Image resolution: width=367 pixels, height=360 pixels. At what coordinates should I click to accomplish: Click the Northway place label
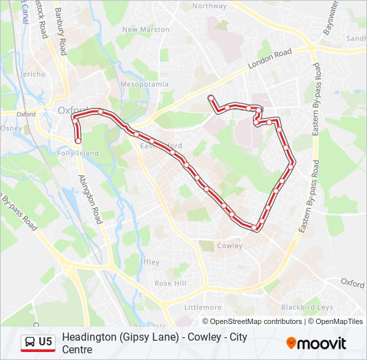[x=210, y=6]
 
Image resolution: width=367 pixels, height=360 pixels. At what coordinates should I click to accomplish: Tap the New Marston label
[x=145, y=29]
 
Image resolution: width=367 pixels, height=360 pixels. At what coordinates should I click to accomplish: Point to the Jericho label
[x=33, y=74]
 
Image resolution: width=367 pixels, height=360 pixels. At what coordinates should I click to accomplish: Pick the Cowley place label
[x=230, y=245]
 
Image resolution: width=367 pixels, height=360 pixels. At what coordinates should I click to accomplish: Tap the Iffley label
[x=150, y=262]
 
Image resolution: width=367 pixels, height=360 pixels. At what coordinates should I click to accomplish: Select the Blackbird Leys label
[x=307, y=307]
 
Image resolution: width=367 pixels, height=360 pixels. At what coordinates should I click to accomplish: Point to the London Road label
[x=270, y=60]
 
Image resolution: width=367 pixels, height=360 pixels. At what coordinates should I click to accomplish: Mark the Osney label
[x=11, y=128]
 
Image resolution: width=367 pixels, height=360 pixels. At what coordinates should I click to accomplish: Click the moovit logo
[x=316, y=343]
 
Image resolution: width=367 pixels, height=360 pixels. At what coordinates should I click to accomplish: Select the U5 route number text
[x=45, y=342]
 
